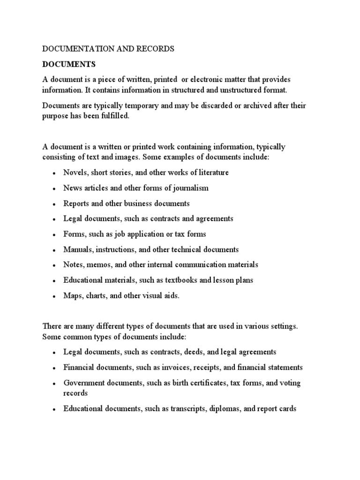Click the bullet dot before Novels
[54, 173]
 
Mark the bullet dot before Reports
[54, 204]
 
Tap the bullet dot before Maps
[54, 296]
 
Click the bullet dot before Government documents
[54, 383]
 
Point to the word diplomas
[222, 409]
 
